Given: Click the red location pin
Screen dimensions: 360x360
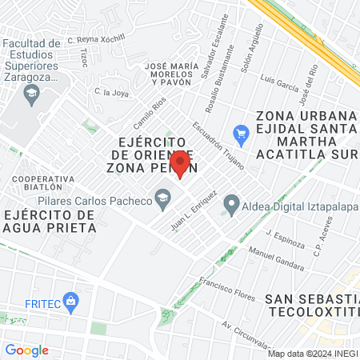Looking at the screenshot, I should pos(180,163).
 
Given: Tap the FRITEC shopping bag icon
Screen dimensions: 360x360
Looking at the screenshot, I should pos(71,301).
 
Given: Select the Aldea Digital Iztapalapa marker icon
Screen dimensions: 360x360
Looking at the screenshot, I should pos(231,205).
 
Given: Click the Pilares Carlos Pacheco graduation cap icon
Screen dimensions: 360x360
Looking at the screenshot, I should pos(163,197).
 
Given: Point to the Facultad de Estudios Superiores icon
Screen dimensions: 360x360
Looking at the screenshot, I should pos(31,94).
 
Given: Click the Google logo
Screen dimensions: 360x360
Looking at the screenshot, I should pos(26,350).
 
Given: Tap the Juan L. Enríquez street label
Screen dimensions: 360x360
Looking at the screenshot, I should pos(194,210).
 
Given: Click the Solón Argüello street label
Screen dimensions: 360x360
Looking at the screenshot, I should pos(251,47).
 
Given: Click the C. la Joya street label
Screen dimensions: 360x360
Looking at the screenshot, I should pos(113,93).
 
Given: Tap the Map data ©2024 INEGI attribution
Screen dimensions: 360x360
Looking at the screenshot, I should pos(312,353).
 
